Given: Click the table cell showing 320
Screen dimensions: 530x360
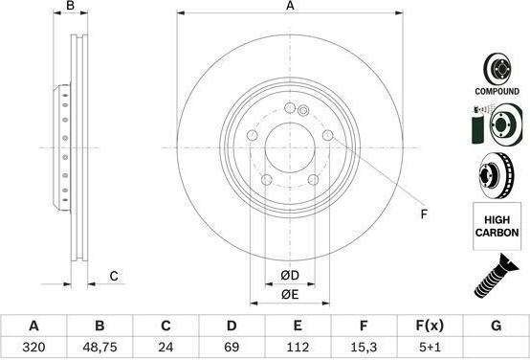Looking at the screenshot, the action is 33,348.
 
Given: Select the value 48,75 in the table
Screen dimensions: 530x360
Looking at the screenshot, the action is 99,348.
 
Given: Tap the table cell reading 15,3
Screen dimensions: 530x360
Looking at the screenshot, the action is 364,348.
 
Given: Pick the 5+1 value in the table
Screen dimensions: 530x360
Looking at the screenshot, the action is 430,348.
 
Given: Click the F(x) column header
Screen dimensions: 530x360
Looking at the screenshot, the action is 430,326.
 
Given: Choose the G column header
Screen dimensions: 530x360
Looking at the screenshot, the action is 496,326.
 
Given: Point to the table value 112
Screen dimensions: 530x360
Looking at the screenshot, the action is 298,348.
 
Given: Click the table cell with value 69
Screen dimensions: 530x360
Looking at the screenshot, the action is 232,348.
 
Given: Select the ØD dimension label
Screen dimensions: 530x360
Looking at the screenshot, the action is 290,276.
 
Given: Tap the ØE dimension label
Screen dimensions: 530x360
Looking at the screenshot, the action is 290,295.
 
